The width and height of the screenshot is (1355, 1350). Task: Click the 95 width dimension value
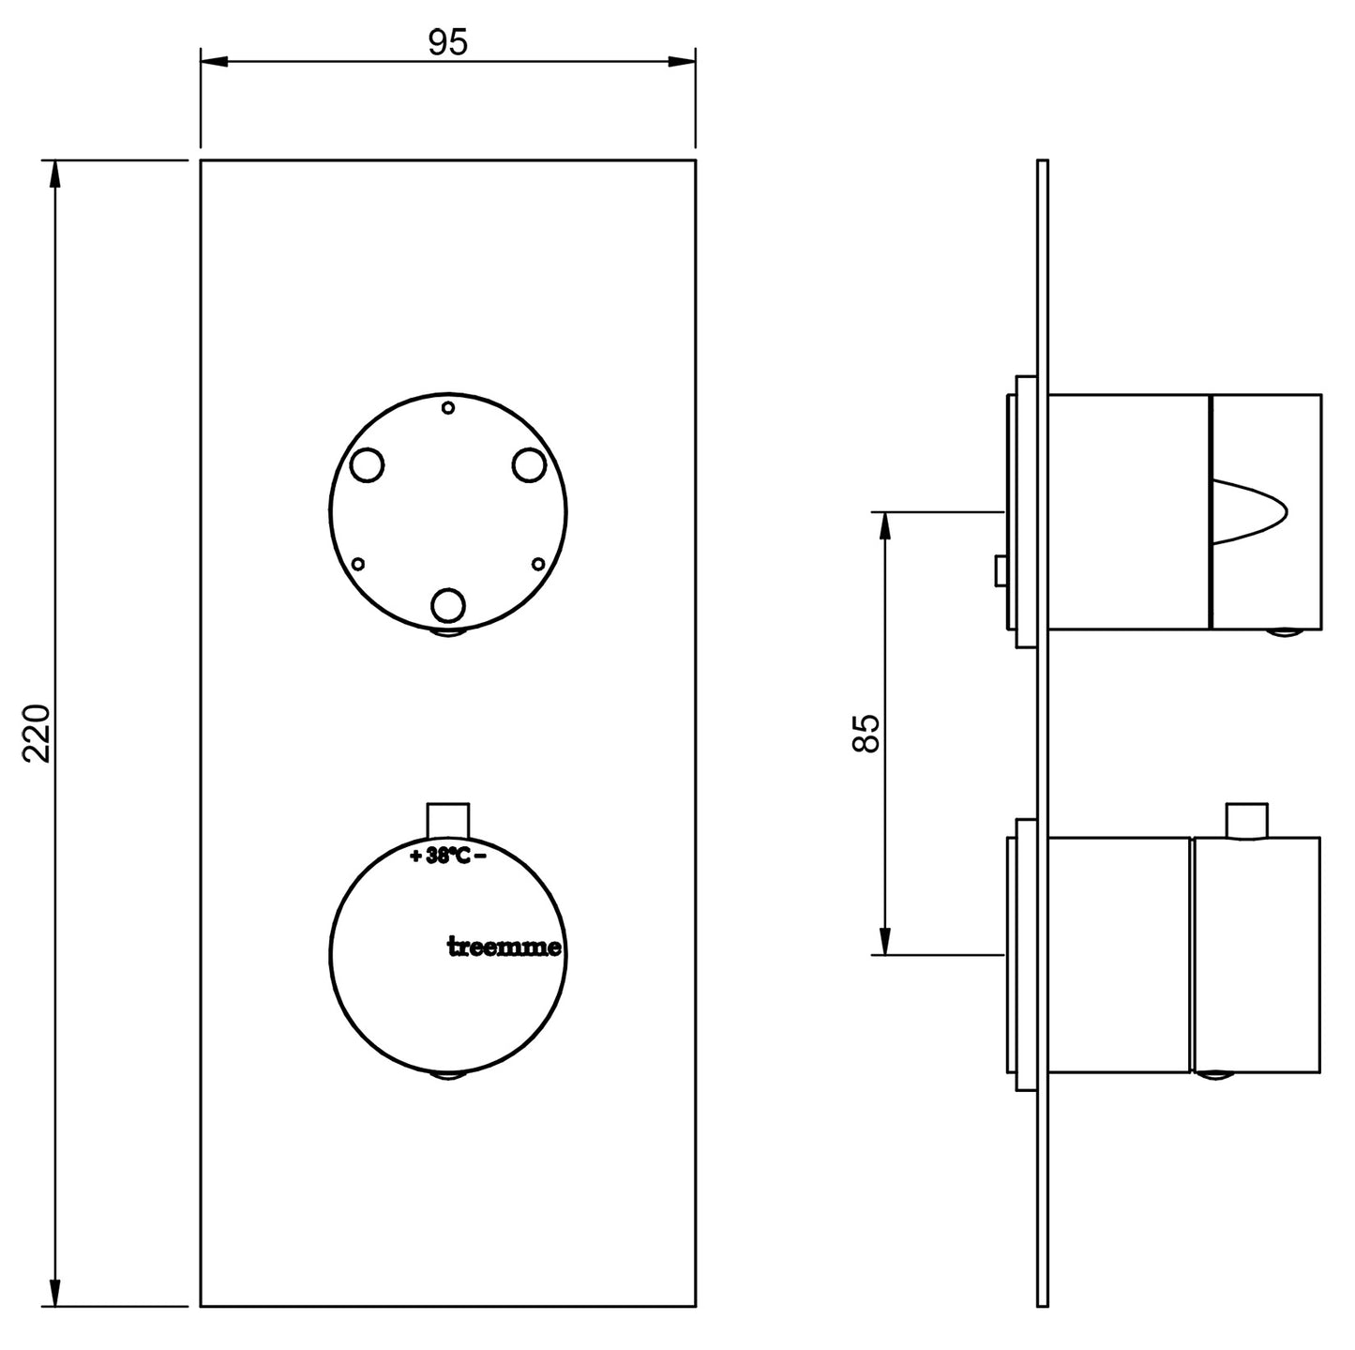(x=447, y=42)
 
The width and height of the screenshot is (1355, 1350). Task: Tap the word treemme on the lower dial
(x=504, y=948)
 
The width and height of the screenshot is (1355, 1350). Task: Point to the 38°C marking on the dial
(x=448, y=856)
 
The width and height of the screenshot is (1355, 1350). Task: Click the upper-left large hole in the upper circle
(x=366, y=464)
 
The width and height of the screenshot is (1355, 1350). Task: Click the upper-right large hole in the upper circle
(x=530, y=464)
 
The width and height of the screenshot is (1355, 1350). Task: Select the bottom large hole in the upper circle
(x=448, y=606)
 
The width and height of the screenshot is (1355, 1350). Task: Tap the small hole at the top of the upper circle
(x=448, y=407)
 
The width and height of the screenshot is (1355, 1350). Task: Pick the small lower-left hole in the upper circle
(x=357, y=564)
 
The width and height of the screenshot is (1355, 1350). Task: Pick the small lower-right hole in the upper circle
(x=538, y=564)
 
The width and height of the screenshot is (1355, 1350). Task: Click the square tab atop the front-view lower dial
(x=448, y=818)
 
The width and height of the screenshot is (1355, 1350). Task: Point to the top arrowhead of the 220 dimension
(x=55, y=174)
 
